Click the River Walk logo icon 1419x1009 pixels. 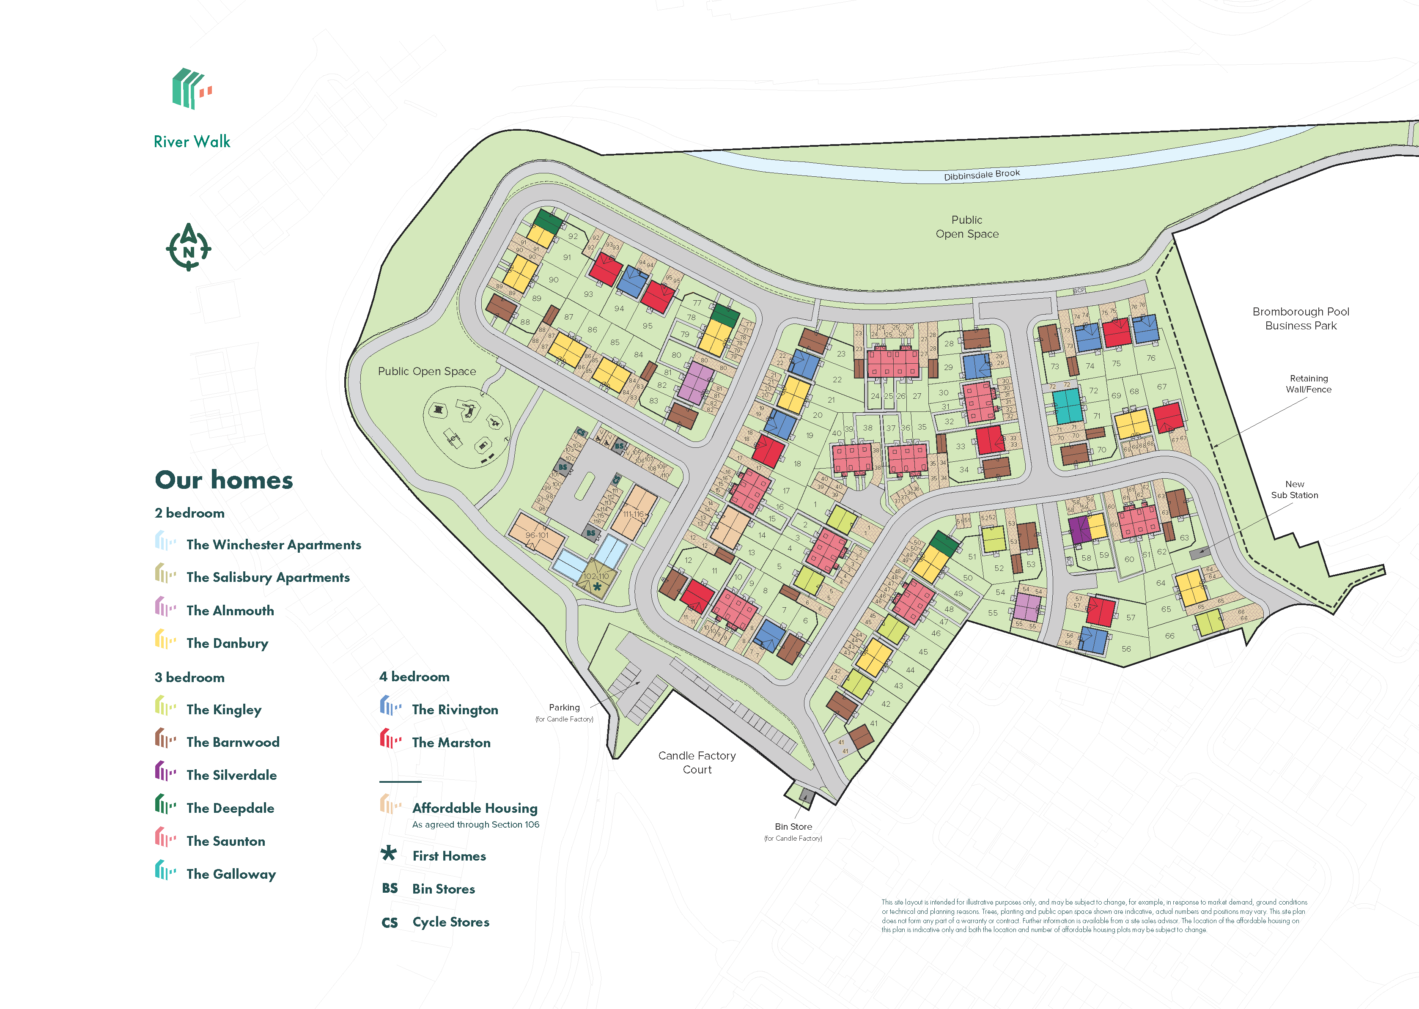click(191, 89)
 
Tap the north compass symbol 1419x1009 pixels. click(188, 248)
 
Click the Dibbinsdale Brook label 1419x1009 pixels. click(982, 175)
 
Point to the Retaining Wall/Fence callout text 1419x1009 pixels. click(1309, 384)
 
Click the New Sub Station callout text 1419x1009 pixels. click(1294, 490)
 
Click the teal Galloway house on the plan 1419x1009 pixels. click(1068, 406)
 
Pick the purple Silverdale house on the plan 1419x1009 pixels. click(1079, 530)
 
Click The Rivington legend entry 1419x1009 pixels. click(454, 710)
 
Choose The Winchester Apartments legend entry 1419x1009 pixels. click(273, 545)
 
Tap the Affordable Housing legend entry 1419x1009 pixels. click(475, 808)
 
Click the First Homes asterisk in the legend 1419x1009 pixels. click(389, 854)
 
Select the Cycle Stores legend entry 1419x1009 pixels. click(450, 922)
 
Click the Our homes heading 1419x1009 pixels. click(224, 480)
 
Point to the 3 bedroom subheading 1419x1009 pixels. click(189, 677)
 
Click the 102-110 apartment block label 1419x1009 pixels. click(596, 576)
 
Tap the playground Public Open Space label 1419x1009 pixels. click(427, 372)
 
